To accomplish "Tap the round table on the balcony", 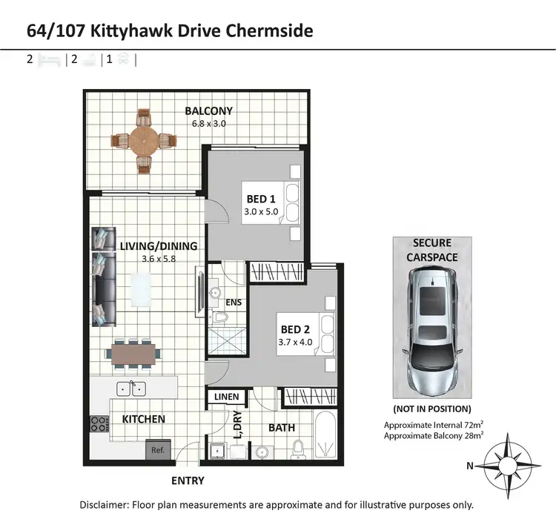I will click(143, 139).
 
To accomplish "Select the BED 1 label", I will click(261, 199).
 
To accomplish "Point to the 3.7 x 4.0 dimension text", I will click(296, 343).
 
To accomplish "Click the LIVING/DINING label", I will click(158, 246).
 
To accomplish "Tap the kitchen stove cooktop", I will click(99, 424).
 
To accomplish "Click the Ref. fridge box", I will click(158, 449).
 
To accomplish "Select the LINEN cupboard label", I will click(226, 397).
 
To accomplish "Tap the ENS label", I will click(234, 303).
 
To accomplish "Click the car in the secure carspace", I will click(431, 331).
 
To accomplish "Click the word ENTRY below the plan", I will click(188, 480).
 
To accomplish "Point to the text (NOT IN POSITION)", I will click(431, 409).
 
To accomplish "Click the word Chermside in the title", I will click(269, 30).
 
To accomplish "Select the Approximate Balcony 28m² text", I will click(434, 436).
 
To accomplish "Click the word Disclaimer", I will click(104, 505).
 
